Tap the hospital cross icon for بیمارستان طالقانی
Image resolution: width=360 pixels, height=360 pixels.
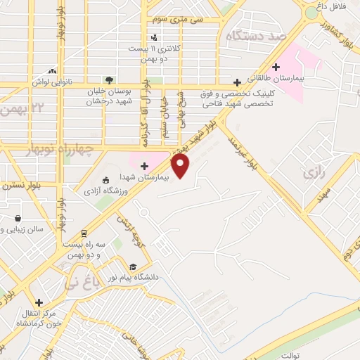[276, 67]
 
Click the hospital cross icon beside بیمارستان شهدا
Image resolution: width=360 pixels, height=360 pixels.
[144, 167]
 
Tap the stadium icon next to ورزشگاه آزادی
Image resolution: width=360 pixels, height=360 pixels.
[105, 180]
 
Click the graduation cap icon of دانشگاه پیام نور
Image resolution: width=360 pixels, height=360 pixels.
[133, 266]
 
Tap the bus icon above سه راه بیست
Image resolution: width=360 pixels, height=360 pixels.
[84, 233]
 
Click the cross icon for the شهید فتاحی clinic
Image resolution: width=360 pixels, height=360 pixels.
[237, 82]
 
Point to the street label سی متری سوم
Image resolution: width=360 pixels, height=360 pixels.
[180, 20]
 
